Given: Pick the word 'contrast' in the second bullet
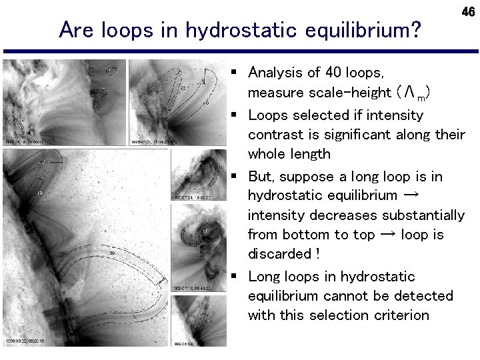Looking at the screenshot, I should pyautogui.click(x=275, y=135).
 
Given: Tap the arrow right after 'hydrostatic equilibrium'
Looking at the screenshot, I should pyautogui.click(x=411, y=195).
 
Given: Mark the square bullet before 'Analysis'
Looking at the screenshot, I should pyautogui.click(x=235, y=71).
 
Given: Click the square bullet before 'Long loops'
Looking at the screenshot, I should pyautogui.click(x=235, y=275).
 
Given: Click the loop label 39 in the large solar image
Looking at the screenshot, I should pyautogui.click(x=112, y=253).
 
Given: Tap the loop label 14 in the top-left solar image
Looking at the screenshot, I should pyautogui.click(x=109, y=69).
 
